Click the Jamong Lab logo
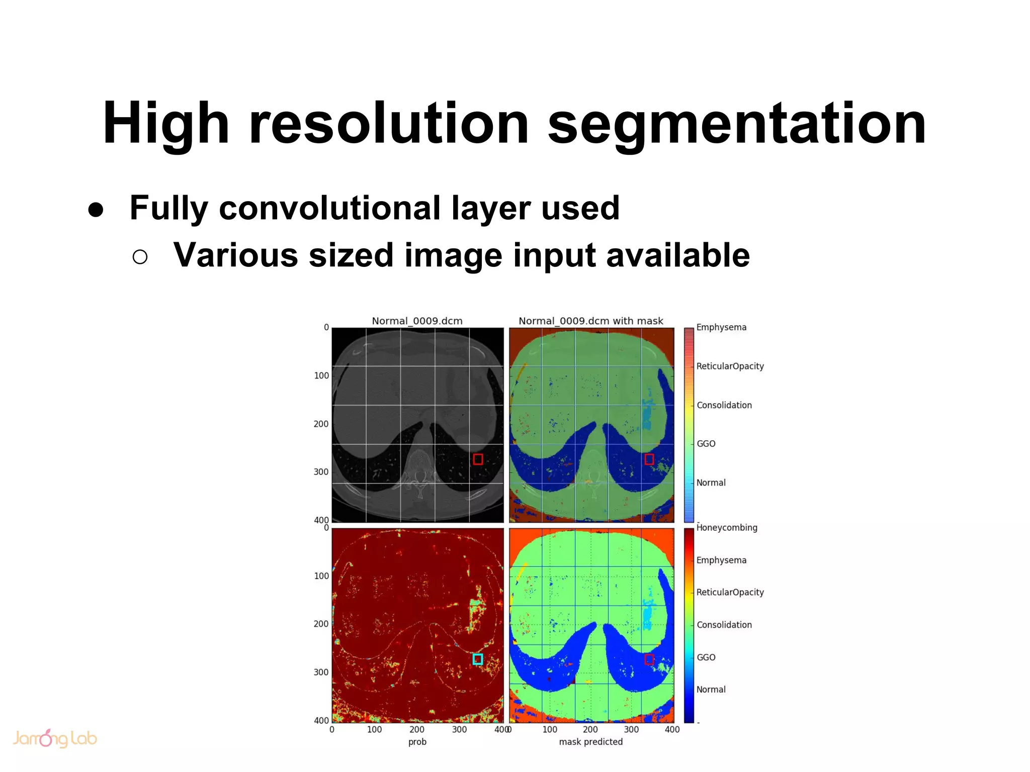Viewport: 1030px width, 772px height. click(x=54, y=738)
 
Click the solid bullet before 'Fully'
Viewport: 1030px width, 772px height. click(x=96, y=210)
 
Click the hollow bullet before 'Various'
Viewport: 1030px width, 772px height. click(x=140, y=257)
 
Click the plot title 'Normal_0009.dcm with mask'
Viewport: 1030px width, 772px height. click(x=590, y=321)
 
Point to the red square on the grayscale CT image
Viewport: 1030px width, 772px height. click(x=478, y=459)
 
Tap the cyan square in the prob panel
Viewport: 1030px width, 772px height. click(x=478, y=659)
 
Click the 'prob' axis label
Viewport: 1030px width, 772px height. click(x=417, y=742)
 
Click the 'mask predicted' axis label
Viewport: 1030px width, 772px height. click(x=590, y=742)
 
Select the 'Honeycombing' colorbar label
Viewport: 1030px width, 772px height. click(x=726, y=528)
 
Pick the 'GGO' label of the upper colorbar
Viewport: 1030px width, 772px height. click(x=706, y=444)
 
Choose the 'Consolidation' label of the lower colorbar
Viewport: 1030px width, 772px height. click(x=724, y=625)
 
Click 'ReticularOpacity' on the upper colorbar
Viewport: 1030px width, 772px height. click(x=729, y=366)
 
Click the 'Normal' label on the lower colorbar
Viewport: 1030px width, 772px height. click(x=711, y=690)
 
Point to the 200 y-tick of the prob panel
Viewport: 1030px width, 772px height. click(x=321, y=624)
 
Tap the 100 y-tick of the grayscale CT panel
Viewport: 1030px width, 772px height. click(x=321, y=375)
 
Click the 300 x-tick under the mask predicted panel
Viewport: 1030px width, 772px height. click(x=631, y=730)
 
